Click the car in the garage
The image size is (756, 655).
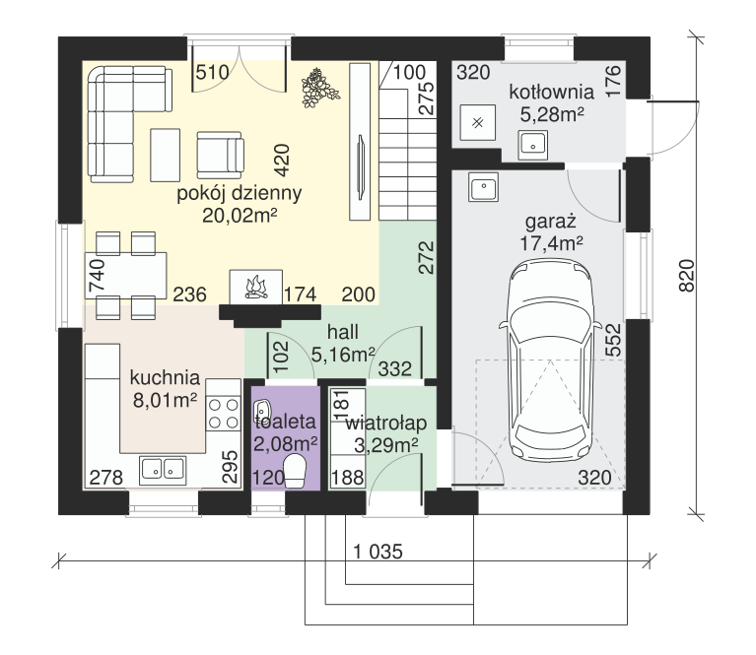(x=551, y=360)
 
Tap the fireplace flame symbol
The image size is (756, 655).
(x=256, y=288)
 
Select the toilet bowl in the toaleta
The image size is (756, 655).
(x=295, y=472)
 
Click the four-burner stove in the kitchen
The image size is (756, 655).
(x=223, y=414)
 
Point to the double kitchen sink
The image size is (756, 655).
(x=163, y=470)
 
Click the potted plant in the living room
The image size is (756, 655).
(x=319, y=88)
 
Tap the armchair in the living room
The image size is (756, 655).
(x=221, y=155)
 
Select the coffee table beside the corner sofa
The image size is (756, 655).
(x=165, y=155)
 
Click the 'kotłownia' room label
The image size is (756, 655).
(x=551, y=92)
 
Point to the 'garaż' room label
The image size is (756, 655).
(x=551, y=222)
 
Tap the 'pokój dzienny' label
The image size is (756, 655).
(x=240, y=193)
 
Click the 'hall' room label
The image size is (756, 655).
(x=343, y=332)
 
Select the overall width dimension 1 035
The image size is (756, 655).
(x=378, y=552)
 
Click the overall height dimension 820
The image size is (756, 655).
(x=687, y=275)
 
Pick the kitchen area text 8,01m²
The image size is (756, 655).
(x=165, y=400)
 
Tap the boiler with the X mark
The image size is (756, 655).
(x=477, y=122)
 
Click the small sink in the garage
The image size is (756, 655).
(x=483, y=186)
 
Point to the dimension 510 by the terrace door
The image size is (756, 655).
(x=212, y=72)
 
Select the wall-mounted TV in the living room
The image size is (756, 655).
(x=361, y=166)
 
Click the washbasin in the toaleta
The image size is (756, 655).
(x=263, y=409)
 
